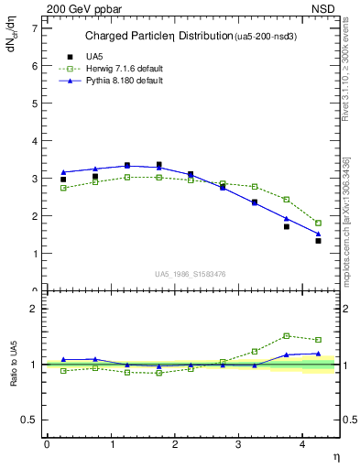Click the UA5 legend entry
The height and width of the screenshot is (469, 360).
81,57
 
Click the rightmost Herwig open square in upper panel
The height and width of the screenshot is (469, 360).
318,223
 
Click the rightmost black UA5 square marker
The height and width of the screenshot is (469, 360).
318,240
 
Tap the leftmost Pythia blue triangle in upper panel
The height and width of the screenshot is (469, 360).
63,172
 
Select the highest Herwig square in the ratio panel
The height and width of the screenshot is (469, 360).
286,335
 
